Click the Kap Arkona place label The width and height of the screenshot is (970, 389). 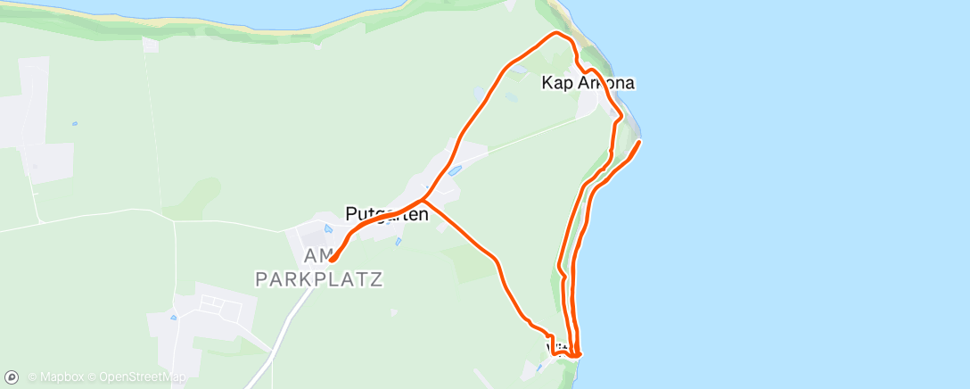tap(588, 83)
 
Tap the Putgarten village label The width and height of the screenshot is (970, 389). tap(387, 214)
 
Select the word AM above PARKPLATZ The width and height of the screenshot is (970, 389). tap(317, 256)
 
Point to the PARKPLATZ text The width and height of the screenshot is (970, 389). tap(319, 279)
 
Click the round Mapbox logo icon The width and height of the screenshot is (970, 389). tap(13, 377)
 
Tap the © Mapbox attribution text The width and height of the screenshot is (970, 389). tap(57, 377)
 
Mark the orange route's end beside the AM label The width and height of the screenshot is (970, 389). tap(332, 261)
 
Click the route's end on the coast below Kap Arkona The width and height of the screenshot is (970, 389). tap(639, 142)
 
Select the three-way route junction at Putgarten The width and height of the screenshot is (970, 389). tap(423, 200)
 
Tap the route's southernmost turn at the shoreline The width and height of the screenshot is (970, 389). tap(579, 356)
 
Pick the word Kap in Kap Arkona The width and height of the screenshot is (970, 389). tap(558, 83)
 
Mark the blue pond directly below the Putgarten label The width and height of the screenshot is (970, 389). tap(397, 241)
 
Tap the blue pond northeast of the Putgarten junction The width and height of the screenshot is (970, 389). tap(455, 170)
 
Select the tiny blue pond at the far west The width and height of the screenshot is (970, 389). tap(74, 124)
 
